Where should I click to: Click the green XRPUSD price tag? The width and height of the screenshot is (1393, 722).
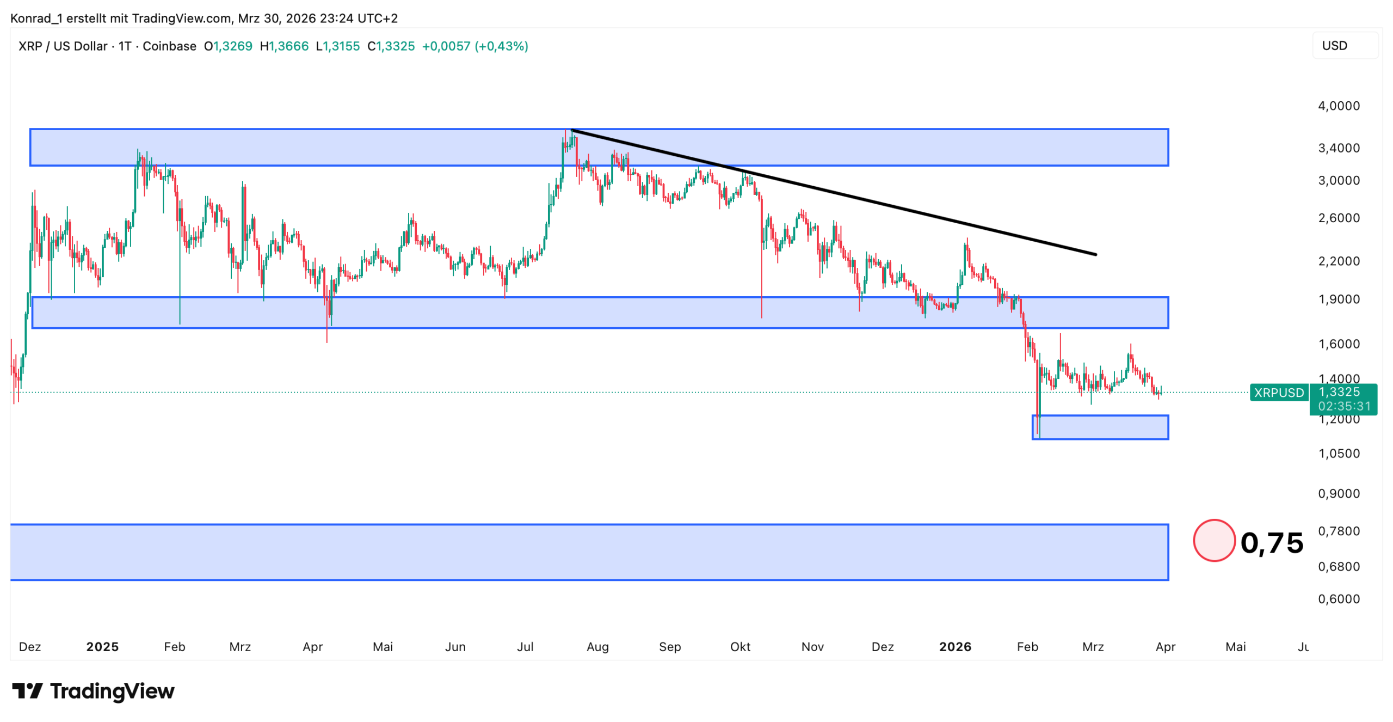click(1278, 392)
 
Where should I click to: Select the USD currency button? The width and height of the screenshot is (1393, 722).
click(1334, 46)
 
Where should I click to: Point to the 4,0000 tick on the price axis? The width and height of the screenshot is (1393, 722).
click(1338, 106)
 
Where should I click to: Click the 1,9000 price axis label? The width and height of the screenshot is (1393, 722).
click(1338, 299)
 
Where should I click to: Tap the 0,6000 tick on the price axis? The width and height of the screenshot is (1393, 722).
click(1338, 598)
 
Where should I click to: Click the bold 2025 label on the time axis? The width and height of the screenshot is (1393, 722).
click(102, 646)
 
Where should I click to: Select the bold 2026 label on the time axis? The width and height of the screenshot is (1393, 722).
click(954, 646)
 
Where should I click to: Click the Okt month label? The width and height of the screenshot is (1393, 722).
click(739, 646)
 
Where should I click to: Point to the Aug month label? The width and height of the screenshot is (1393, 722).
click(597, 646)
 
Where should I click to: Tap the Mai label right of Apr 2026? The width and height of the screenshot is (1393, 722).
click(1235, 646)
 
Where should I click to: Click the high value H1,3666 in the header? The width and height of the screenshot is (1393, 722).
click(284, 46)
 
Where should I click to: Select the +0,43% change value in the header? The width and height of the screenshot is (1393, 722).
click(501, 46)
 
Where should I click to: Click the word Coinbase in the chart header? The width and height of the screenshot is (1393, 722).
click(169, 46)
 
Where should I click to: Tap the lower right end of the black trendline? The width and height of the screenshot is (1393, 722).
click(1095, 254)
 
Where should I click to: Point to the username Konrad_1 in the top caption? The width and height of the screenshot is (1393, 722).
click(36, 19)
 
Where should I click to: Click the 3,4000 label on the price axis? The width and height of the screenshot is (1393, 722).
click(1338, 148)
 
